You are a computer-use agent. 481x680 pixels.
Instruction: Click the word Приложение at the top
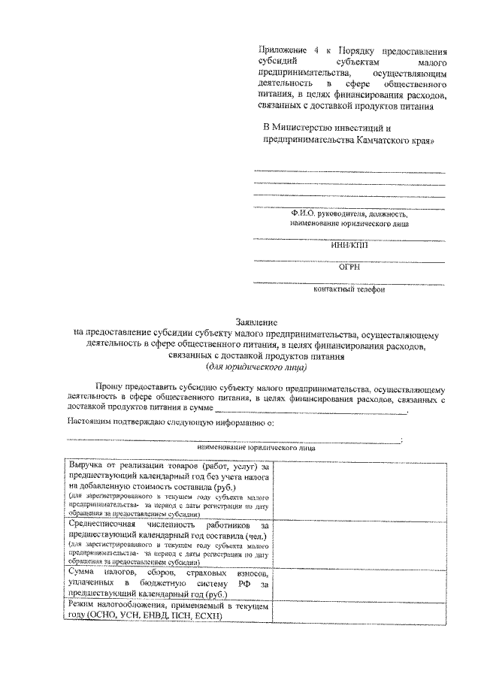point(280,52)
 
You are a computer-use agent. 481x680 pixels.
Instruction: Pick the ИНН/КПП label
point(349,244)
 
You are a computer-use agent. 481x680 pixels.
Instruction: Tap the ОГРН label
point(349,266)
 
